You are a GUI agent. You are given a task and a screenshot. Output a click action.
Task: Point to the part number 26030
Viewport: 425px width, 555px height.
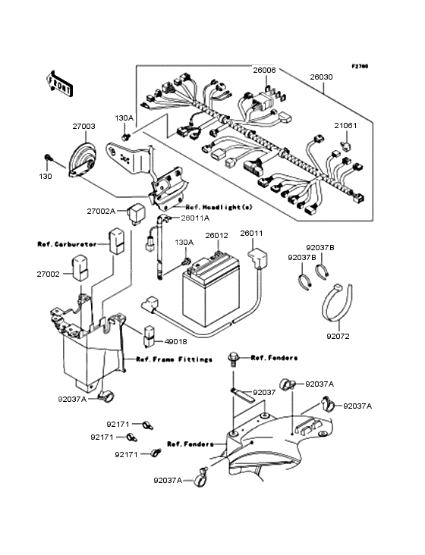pos(321,77)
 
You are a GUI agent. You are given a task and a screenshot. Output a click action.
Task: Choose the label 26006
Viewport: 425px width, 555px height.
pos(264,71)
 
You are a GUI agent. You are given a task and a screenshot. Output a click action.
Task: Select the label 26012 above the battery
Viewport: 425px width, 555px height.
pos(216,235)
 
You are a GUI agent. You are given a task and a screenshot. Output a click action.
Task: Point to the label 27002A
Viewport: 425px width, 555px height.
pos(100,212)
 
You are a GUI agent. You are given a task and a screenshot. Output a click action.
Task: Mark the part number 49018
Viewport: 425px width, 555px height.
pos(169,342)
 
